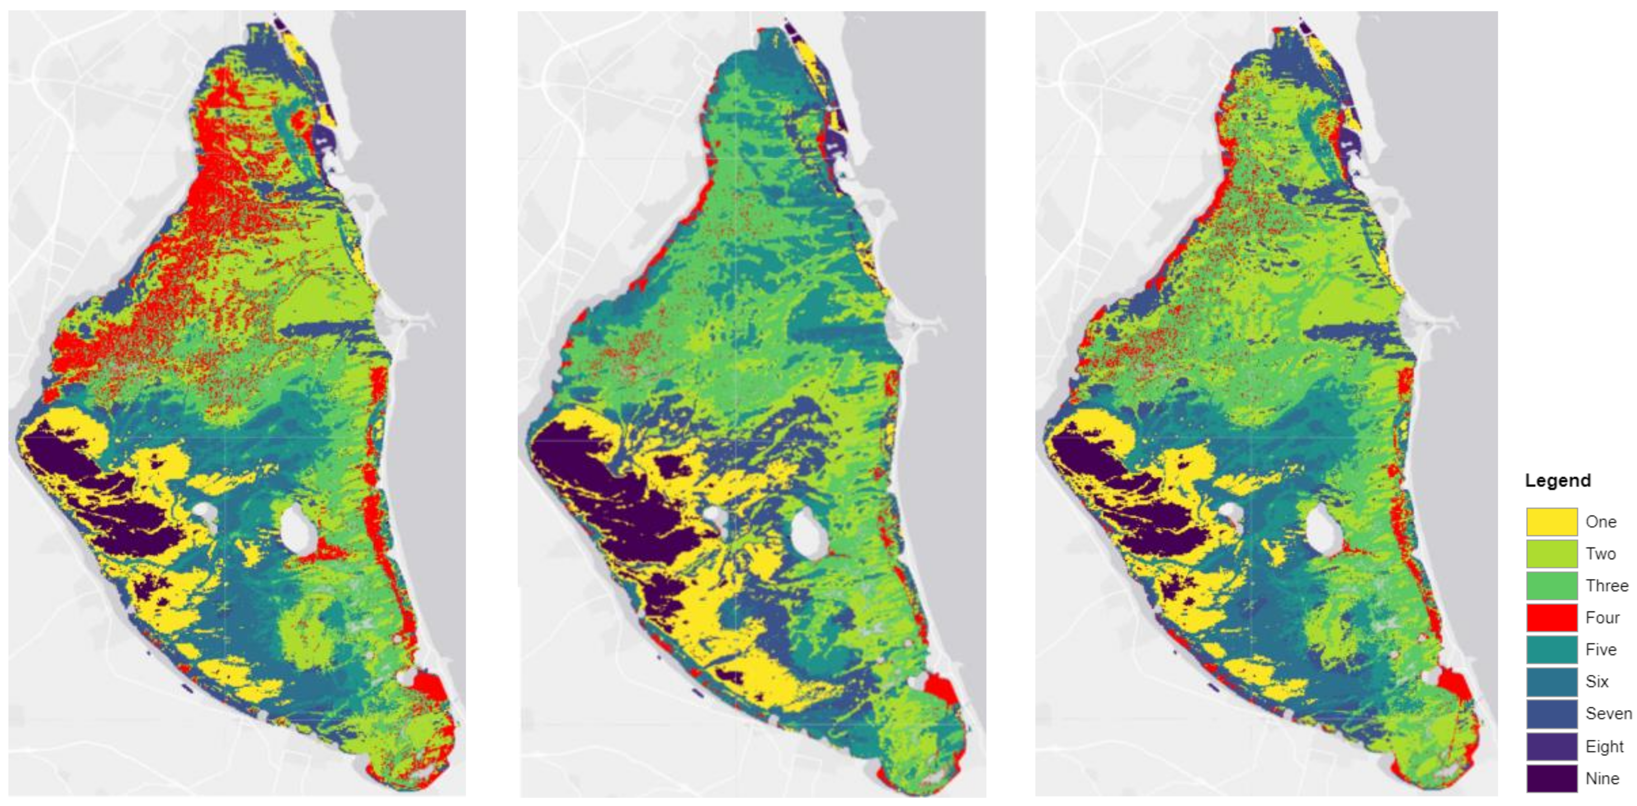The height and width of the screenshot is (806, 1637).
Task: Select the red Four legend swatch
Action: click(x=1551, y=617)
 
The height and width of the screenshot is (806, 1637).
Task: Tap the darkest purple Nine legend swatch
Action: click(x=1551, y=778)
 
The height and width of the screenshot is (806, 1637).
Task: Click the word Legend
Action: click(x=1557, y=480)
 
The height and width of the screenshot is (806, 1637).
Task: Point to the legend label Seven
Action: click(x=1608, y=713)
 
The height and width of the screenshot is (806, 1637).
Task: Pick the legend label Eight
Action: click(x=1604, y=746)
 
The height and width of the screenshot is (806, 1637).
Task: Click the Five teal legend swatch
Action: click(x=1551, y=650)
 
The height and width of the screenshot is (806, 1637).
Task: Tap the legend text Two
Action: click(x=1600, y=554)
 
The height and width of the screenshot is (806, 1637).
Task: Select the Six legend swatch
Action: click(x=1551, y=682)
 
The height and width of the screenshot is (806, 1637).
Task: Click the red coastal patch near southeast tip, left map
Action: click(x=431, y=687)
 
